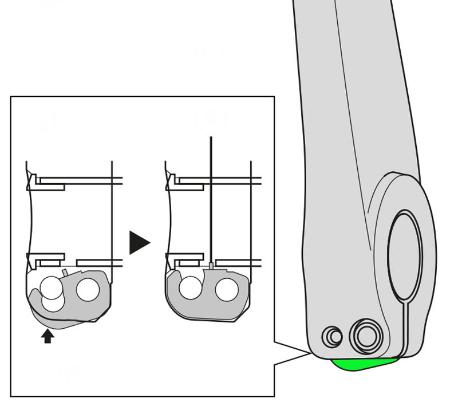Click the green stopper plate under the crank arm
click(x=363, y=364)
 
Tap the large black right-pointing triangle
click(x=138, y=242)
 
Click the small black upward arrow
click(x=48, y=336)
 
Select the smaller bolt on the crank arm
click(x=332, y=336)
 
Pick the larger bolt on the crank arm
click(x=366, y=335)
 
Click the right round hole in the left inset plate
click(x=88, y=289)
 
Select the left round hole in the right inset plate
click(x=190, y=288)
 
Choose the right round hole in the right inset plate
click(x=227, y=290)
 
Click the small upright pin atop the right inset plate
click(x=212, y=266)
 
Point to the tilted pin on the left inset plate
click(x=65, y=271)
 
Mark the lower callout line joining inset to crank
click(x=293, y=359)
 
